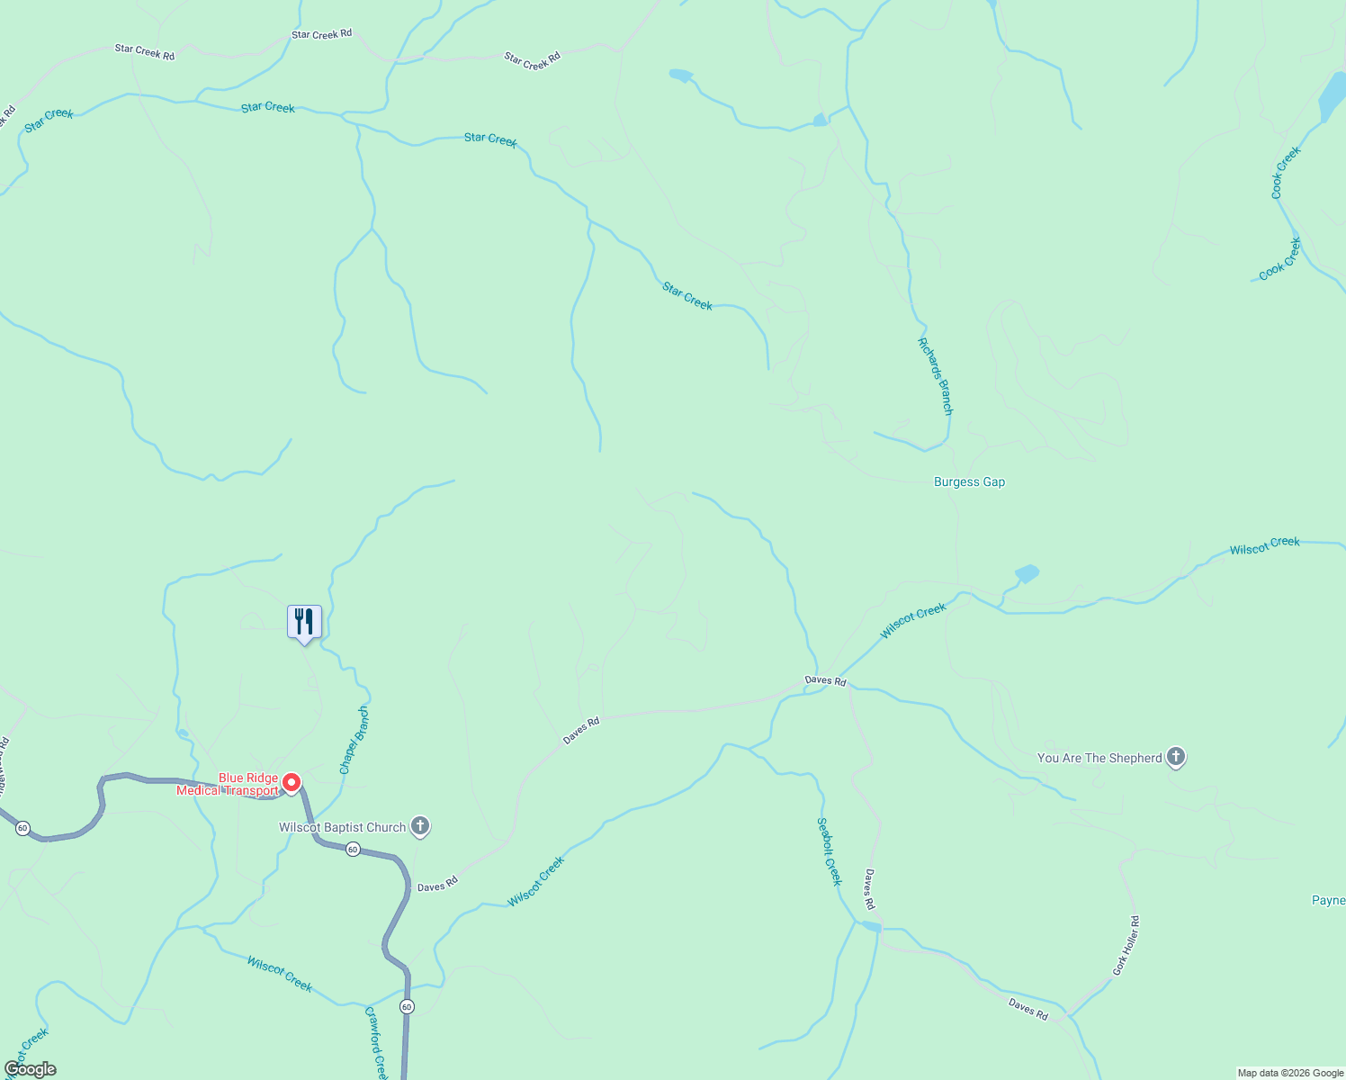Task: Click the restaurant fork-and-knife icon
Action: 304,622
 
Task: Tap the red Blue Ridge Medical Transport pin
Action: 292,783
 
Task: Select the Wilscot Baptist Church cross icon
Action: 420,826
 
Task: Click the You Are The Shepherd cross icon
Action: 1176,758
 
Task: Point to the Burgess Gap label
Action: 969,482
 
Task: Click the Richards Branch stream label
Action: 935,376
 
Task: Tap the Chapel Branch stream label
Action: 354,740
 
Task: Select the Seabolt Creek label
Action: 829,851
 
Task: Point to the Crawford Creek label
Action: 376,1042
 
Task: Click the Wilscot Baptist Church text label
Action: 342,827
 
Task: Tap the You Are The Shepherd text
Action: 1099,758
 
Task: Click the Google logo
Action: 31,1069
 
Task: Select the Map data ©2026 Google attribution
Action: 1290,1073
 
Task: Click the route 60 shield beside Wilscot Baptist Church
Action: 354,850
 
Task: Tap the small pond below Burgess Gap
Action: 1027,573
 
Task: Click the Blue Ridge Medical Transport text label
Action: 229,785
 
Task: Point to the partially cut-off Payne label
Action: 1328,900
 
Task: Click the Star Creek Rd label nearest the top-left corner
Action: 144,52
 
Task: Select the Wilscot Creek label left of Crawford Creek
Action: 280,975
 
